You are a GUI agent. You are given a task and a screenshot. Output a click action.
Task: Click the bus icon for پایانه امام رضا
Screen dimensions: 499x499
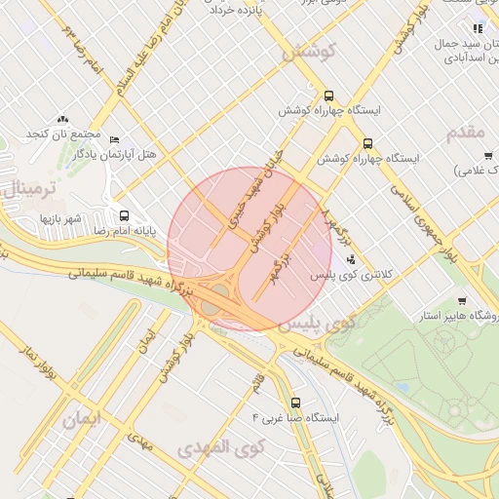click(124, 215)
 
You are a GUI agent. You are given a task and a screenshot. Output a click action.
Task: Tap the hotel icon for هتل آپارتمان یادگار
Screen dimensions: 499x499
click(115, 140)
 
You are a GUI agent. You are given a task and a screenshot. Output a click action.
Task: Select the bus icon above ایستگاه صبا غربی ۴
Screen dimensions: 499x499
click(295, 402)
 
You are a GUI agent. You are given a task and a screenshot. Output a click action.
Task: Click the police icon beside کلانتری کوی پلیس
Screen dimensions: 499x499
click(351, 260)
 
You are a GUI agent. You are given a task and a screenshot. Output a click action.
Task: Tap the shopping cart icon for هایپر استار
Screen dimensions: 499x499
click(461, 301)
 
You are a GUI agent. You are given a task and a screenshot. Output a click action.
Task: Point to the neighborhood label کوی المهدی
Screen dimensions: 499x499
click(222, 448)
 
